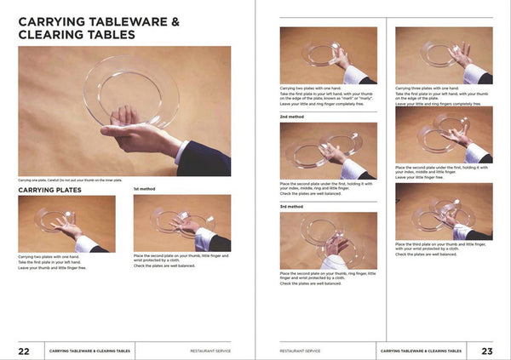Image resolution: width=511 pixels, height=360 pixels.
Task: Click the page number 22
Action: pyautogui.click(x=25, y=350)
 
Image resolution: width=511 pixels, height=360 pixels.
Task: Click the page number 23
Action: pyautogui.click(x=486, y=350)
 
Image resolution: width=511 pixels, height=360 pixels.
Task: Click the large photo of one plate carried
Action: pyautogui.click(x=124, y=111)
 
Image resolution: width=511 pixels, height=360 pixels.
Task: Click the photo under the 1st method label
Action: pyautogui.click(x=181, y=223)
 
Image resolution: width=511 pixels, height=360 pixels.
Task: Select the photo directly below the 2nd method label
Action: pyautogui.click(x=328, y=151)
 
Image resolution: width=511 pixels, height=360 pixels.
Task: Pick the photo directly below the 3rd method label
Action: pyautogui.click(x=328, y=240)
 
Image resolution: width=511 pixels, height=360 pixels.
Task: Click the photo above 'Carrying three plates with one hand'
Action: pyautogui.click(x=443, y=55)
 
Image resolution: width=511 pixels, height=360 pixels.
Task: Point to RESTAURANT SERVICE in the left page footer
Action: pyautogui.click(x=210, y=350)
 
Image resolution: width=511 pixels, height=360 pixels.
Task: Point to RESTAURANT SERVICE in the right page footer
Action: pyautogui.click(x=301, y=350)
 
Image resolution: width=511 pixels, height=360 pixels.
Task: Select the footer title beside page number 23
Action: pyautogui.click(x=422, y=350)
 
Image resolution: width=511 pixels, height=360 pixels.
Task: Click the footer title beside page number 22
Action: pyautogui.click(x=89, y=350)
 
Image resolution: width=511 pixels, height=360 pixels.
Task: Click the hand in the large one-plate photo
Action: pyautogui.click(x=136, y=132)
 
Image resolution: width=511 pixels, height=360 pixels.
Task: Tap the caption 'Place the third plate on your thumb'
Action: pyautogui.click(x=443, y=244)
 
